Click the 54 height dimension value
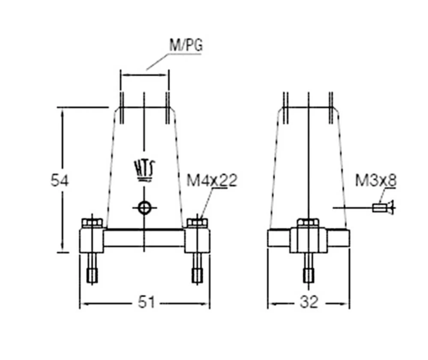tap(59, 181)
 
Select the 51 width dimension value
tap(146, 302)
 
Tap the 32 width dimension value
tap(309, 302)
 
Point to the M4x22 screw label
tap(212, 181)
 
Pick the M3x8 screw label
tap(376, 181)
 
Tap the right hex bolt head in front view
tap(197, 223)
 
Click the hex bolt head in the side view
tap(308, 223)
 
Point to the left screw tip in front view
tap(92, 276)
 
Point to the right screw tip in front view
tap(197, 276)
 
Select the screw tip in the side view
tap(308, 276)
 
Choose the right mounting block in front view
tap(197, 241)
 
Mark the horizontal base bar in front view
tap(144, 238)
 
